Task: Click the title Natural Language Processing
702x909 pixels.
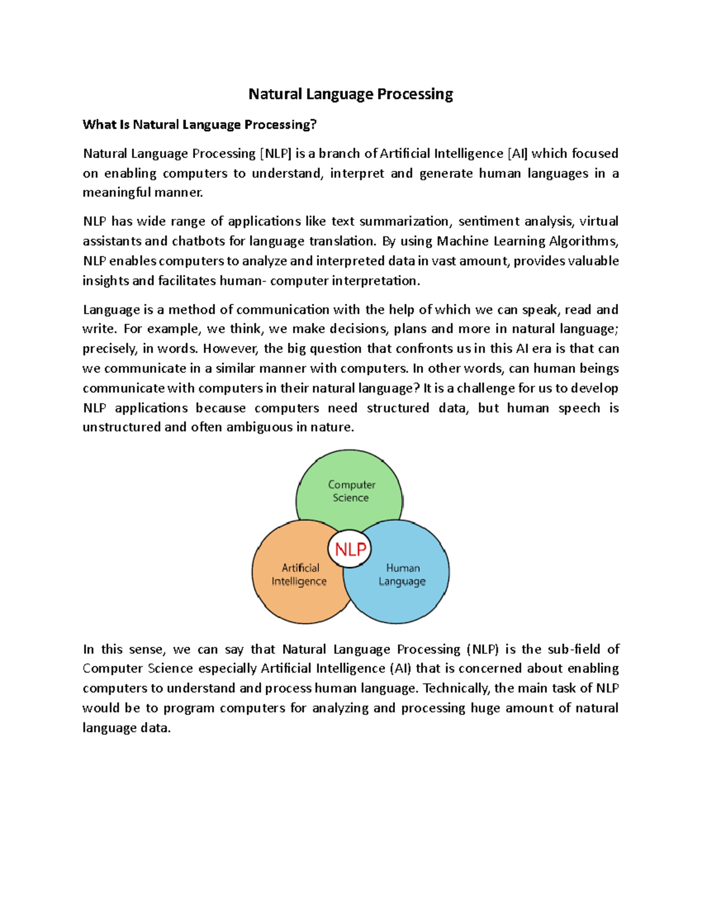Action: [350, 94]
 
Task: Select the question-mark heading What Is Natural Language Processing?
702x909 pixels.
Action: [199, 125]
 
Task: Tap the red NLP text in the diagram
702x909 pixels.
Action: [350, 550]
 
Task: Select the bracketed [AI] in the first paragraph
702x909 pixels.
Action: [517, 154]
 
